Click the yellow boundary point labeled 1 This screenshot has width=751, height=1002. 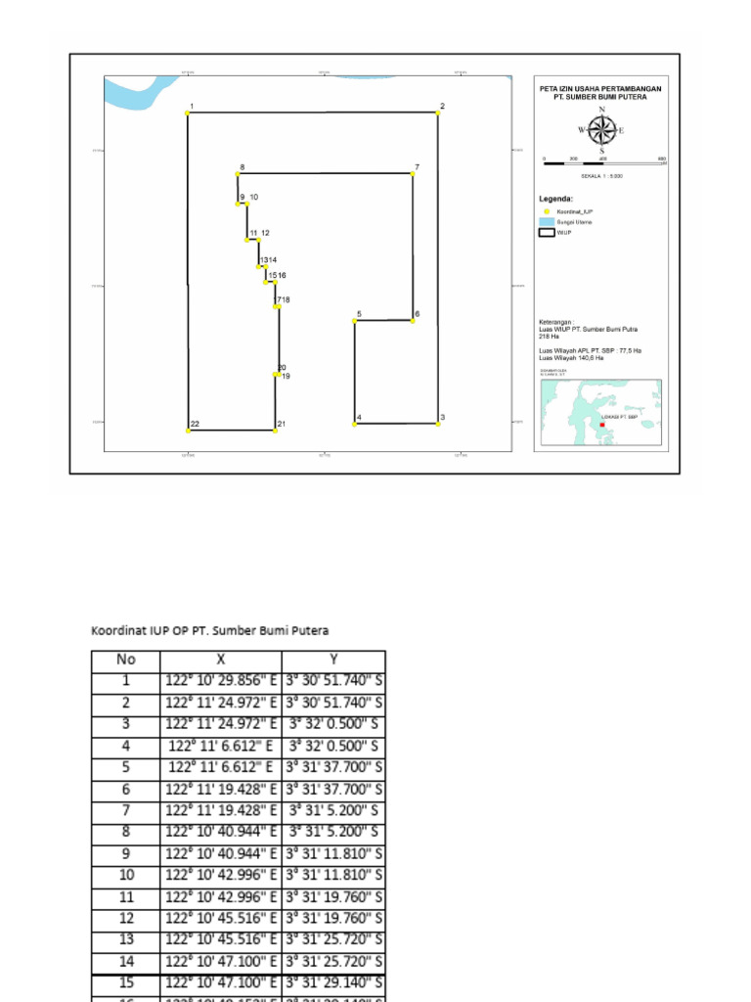(x=188, y=114)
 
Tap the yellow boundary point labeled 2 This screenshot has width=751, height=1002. (x=437, y=114)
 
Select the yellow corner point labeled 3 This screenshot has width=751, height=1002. (x=437, y=424)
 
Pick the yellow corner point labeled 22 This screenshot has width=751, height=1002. (x=188, y=430)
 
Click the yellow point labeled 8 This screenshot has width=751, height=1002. (x=238, y=175)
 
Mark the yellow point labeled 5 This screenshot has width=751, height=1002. (x=355, y=320)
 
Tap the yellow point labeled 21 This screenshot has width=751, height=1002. (x=276, y=430)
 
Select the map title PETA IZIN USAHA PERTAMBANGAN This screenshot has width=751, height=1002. (x=600, y=88)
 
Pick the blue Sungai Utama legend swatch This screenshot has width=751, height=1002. (x=547, y=222)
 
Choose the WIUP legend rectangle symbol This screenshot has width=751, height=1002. (x=547, y=233)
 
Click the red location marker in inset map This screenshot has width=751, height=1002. (x=602, y=425)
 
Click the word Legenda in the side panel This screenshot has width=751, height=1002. (x=555, y=199)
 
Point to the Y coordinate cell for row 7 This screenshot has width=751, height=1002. (x=332, y=811)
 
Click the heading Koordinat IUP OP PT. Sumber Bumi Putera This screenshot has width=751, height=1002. (x=209, y=630)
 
